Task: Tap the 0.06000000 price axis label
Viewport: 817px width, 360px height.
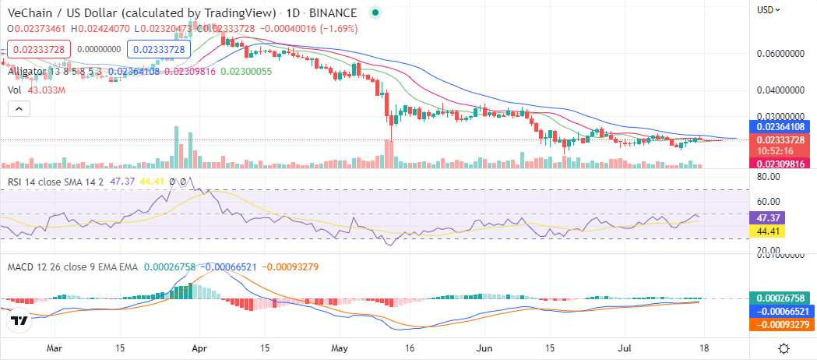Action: pyautogui.click(x=779, y=55)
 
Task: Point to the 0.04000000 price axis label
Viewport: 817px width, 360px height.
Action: pyautogui.click(x=779, y=90)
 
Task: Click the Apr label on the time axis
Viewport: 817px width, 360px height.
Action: pyautogui.click(x=200, y=348)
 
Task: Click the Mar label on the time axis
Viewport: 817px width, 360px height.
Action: pyautogui.click(x=55, y=348)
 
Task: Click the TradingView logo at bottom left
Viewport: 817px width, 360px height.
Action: pyautogui.click(x=19, y=320)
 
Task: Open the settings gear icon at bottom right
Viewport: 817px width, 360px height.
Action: pyautogui.click(x=784, y=348)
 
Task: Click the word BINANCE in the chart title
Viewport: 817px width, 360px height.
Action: pyautogui.click(x=333, y=13)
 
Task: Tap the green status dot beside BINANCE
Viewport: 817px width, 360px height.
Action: pyautogui.click(x=376, y=13)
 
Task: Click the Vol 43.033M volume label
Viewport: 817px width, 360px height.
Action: pyautogui.click(x=35, y=90)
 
